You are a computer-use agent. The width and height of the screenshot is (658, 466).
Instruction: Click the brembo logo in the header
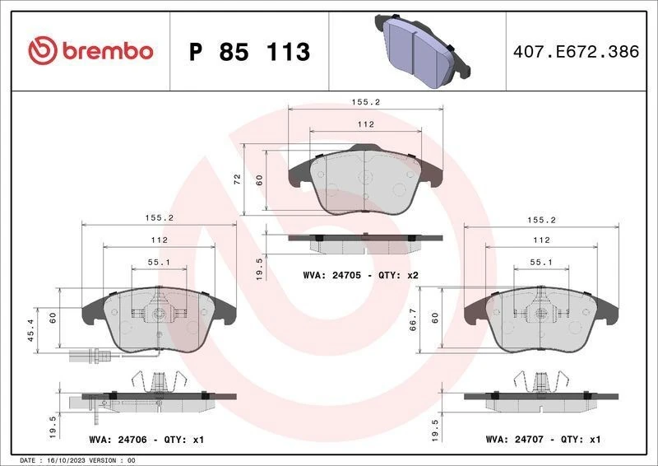click(90, 51)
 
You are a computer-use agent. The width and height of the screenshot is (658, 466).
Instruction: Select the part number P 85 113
click(249, 52)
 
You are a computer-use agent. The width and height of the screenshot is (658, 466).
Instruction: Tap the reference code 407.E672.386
click(575, 52)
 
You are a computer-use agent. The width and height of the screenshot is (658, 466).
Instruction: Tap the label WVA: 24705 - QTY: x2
click(361, 274)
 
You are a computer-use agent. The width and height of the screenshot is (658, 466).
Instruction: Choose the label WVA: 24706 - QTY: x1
click(145, 440)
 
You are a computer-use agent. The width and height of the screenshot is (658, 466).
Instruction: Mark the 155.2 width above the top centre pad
click(365, 104)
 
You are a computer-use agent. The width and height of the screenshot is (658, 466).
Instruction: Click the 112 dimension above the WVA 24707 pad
click(540, 240)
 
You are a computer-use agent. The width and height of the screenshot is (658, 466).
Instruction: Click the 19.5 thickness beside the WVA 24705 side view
click(261, 267)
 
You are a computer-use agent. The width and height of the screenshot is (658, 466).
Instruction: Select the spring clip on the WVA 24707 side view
click(541, 381)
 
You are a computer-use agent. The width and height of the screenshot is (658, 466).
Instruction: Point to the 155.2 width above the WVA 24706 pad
click(159, 220)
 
